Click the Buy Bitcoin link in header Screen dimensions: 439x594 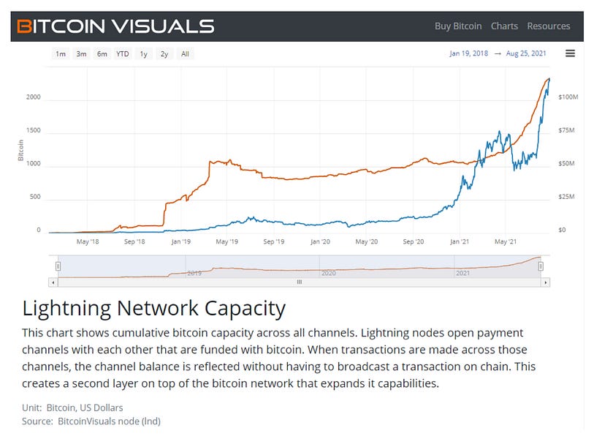pyautogui.click(x=458, y=26)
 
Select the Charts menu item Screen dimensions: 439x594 pyautogui.click(x=504, y=26)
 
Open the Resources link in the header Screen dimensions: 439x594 pyautogui.click(x=548, y=26)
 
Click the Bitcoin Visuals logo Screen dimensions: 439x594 pyautogui.click(x=116, y=26)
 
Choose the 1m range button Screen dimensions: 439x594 pyautogui.click(x=61, y=53)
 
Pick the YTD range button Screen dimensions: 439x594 pyautogui.click(x=123, y=53)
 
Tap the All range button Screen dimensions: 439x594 pyautogui.click(x=185, y=53)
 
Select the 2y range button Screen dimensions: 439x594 pyautogui.click(x=164, y=53)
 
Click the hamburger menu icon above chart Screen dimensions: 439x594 pyautogui.click(x=571, y=53)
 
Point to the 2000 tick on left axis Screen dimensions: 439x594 pyautogui.click(x=34, y=97)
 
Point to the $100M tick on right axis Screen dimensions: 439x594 pyautogui.click(x=568, y=97)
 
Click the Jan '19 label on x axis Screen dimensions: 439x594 pyautogui.click(x=180, y=241)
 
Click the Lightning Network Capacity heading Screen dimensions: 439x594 pyautogui.click(x=153, y=307)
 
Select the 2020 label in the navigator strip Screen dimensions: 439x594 pyautogui.click(x=328, y=273)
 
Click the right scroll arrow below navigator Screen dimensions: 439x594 pyautogui.click(x=546, y=282)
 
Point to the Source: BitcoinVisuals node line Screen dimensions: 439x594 pyautogui.click(x=91, y=421)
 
